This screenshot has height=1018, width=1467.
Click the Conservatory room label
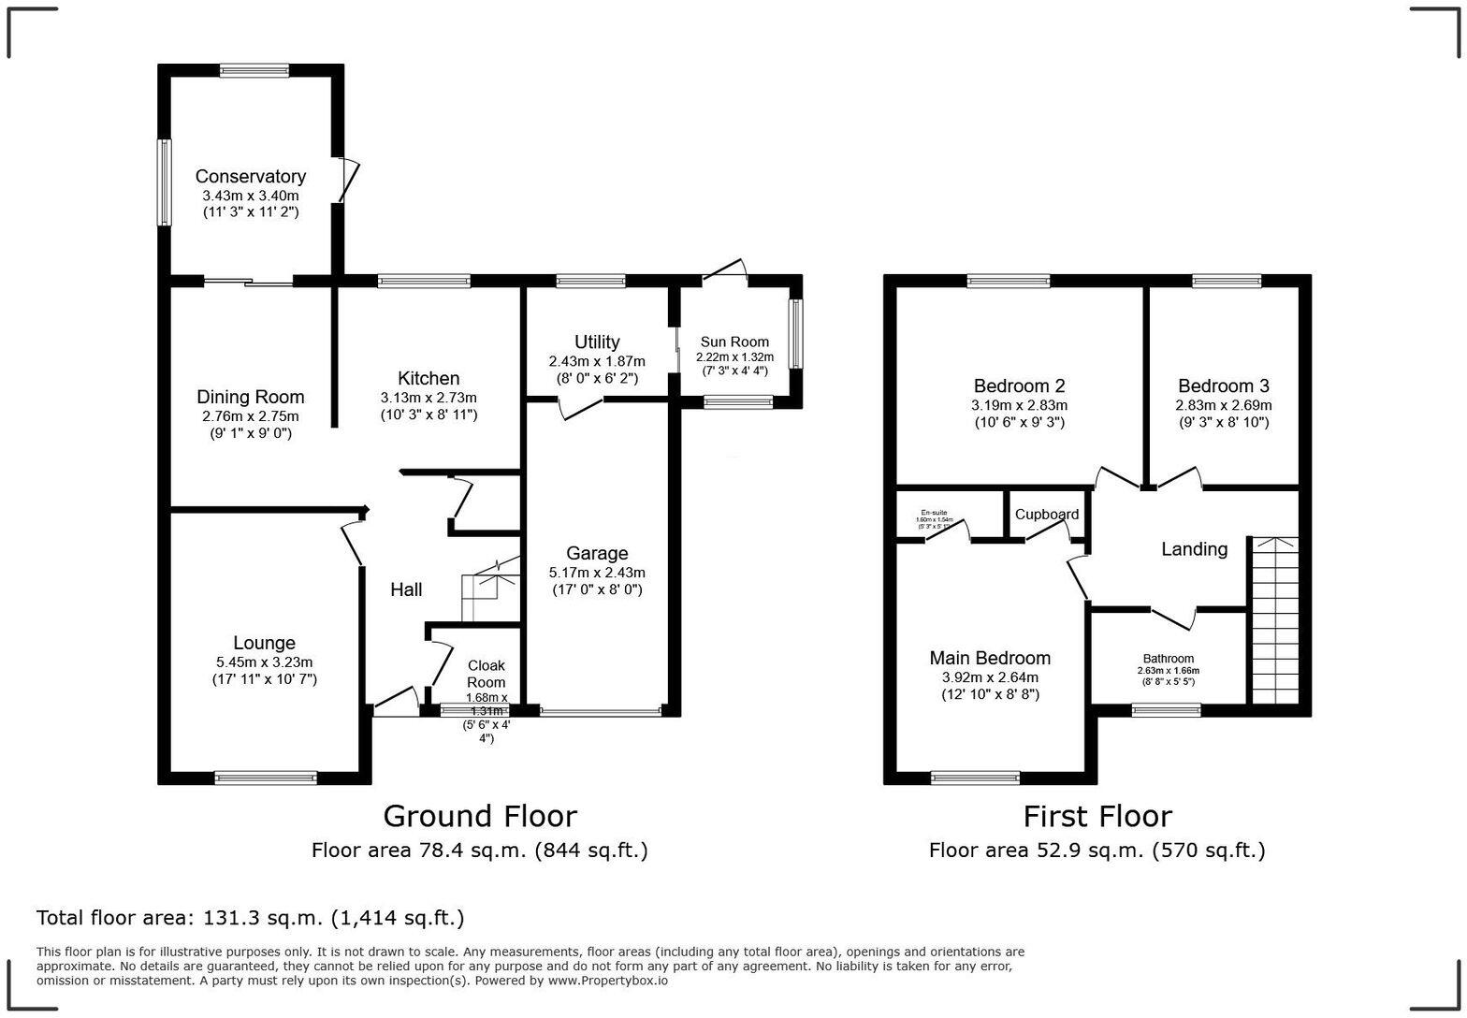[250, 177]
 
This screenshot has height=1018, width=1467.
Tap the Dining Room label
[250, 398]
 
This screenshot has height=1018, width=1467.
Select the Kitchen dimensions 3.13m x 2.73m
[428, 397]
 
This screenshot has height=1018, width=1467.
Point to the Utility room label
[597, 342]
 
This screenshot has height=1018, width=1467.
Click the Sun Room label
[734, 342]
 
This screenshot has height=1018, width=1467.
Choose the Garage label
[597, 553]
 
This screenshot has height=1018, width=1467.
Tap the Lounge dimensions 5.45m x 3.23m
[264, 662]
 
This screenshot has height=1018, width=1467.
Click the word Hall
[406, 589]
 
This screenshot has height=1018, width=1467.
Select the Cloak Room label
[487, 674]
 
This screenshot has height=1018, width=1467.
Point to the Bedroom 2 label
[1019, 385]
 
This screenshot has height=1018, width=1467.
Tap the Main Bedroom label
[990, 658]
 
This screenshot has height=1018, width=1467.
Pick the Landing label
[1194, 549]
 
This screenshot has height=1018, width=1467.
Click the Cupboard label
[1047, 515]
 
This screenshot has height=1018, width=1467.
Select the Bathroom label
[1168, 659]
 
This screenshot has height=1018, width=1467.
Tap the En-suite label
[934, 513]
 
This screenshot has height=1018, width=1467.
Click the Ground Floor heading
[480, 816]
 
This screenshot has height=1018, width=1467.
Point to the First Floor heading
[1097, 816]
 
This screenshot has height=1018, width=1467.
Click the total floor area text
[250, 918]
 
